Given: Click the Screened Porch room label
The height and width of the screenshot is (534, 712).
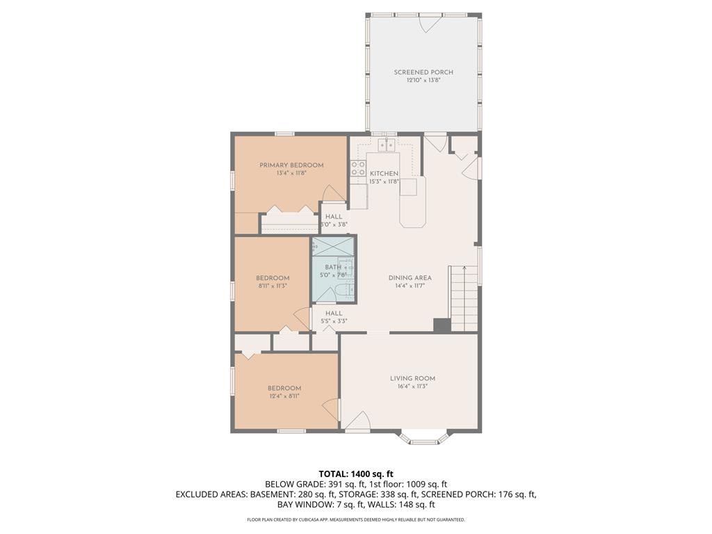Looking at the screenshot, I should tap(423, 72).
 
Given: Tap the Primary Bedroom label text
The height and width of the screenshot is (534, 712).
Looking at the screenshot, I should tap(291, 165).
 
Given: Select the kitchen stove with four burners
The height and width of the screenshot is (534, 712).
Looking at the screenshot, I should tap(358, 168).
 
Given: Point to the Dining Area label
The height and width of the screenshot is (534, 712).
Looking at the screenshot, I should tap(410, 277).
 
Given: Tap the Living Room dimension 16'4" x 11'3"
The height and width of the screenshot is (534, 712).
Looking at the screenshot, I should tap(412, 387).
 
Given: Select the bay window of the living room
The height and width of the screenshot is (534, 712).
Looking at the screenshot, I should tap(423, 437).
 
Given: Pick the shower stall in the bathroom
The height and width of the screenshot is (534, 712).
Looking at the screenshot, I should tap(333, 246).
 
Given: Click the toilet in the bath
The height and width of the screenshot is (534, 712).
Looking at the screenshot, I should tap(340, 291).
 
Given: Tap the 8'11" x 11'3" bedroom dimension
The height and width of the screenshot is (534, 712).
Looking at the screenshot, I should tap(273, 286).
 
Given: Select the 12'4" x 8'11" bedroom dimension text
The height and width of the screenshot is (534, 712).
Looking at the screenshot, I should tap(284, 396).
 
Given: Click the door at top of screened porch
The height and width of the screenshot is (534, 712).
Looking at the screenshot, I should tap(429, 22).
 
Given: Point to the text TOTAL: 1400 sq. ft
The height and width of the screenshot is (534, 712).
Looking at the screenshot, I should tap(356, 474).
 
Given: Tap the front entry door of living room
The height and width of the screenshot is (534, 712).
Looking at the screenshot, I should tap(358, 421).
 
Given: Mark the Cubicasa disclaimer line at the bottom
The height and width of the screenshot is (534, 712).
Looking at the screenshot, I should tap(356, 519).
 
